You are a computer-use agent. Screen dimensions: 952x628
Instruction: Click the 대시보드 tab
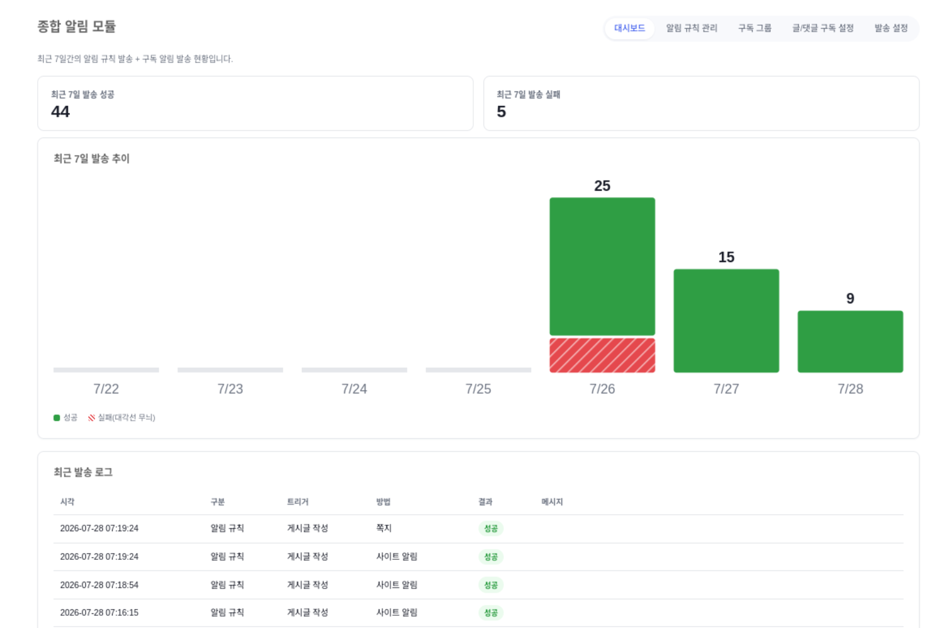tap(630, 28)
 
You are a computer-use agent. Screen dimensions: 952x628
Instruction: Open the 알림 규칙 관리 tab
tap(692, 28)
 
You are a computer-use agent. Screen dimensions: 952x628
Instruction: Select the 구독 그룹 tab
tap(754, 28)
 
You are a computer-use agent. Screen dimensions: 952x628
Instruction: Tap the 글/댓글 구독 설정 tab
tap(823, 28)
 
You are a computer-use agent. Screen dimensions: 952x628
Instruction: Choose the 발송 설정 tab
tap(891, 28)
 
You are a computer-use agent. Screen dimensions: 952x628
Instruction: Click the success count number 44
tap(60, 112)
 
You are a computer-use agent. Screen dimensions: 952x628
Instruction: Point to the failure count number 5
tap(501, 112)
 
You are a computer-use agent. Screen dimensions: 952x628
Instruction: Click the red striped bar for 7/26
tap(602, 356)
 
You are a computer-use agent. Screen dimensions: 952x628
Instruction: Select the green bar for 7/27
tap(726, 320)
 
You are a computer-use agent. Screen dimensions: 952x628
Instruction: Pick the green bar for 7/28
tap(850, 342)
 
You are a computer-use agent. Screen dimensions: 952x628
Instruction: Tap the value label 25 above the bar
tap(602, 185)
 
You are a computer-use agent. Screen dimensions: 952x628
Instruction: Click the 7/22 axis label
tap(106, 388)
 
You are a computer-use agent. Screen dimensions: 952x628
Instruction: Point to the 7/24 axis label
tap(355, 388)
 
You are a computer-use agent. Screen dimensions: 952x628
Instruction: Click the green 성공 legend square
tap(57, 418)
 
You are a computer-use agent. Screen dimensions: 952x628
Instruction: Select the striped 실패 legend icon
tap(91, 418)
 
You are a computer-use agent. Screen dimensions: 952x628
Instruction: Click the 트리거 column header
tap(297, 502)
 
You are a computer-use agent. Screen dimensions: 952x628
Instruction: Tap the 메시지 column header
tap(552, 502)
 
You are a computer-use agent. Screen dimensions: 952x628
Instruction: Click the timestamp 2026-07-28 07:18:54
tap(99, 585)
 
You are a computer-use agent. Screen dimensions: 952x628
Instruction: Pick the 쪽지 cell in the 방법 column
tap(384, 528)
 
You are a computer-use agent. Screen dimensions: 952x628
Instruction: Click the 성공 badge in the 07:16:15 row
tap(491, 612)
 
